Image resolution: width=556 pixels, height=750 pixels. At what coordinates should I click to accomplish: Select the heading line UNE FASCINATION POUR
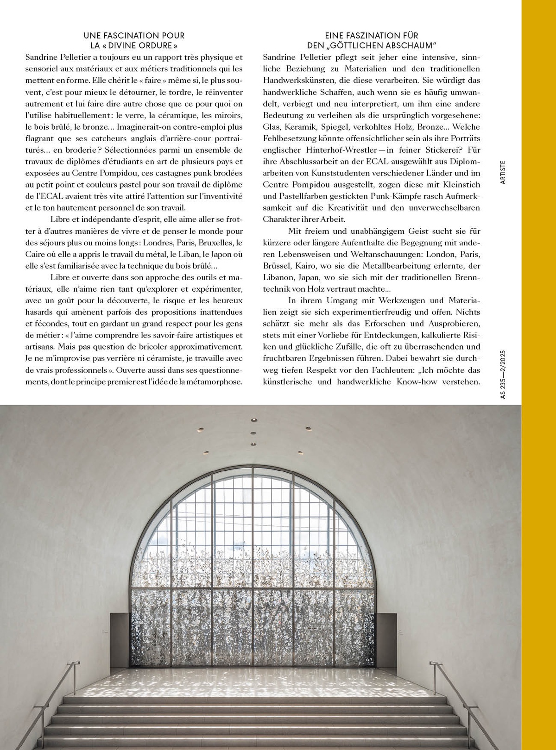tap(134, 35)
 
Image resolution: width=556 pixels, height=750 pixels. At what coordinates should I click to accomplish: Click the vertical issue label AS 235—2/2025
tap(503, 374)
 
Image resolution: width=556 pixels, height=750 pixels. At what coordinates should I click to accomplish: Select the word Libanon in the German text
tap(278, 277)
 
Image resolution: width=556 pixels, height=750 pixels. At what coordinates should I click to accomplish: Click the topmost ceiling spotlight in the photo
tap(253, 420)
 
